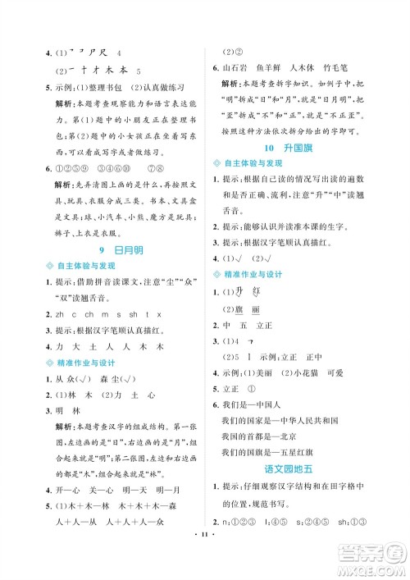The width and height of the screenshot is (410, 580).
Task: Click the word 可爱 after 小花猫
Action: point(338,372)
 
